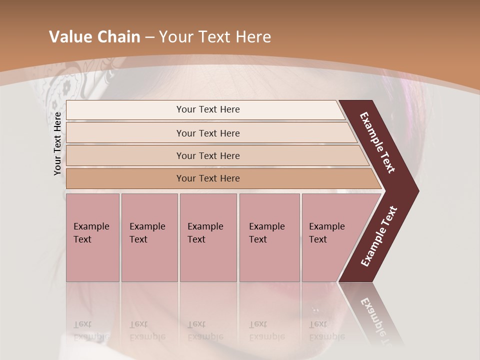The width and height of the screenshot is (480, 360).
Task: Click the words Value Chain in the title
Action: (94, 37)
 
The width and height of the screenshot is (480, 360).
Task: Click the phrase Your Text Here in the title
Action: (215, 37)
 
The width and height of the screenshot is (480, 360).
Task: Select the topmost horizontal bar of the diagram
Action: (207, 109)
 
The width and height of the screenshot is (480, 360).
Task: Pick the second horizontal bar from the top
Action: (207, 133)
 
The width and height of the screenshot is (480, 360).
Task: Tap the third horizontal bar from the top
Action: (207, 155)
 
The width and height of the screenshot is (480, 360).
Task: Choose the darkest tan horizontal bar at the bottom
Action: (207, 178)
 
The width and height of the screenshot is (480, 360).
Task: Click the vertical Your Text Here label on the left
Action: (57, 143)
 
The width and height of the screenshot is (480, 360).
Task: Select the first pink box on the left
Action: (92, 237)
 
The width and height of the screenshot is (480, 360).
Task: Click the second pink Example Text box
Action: (149, 237)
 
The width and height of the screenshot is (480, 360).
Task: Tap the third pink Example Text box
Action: (207, 237)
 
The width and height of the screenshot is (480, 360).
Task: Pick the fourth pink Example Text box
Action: (269, 237)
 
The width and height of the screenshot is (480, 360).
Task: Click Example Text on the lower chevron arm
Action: (379, 236)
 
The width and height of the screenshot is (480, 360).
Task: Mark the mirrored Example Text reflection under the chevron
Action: (375, 320)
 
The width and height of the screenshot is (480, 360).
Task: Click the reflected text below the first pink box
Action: (91, 330)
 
